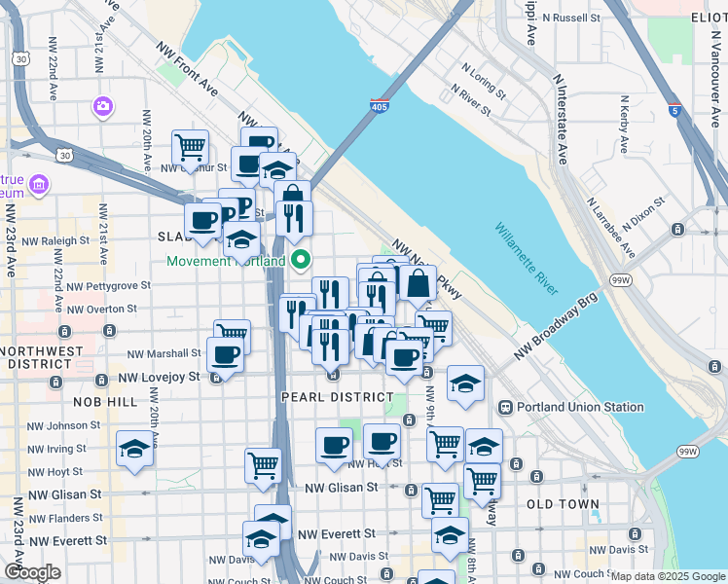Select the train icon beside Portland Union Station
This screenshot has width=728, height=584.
[505, 407]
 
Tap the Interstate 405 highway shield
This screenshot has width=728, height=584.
[379, 106]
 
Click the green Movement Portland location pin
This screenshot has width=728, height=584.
[301, 260]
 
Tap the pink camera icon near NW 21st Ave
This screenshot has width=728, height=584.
[102, 105]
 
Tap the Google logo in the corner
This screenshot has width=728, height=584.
[33, 572]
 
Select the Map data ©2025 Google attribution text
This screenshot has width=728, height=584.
[666, 576]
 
